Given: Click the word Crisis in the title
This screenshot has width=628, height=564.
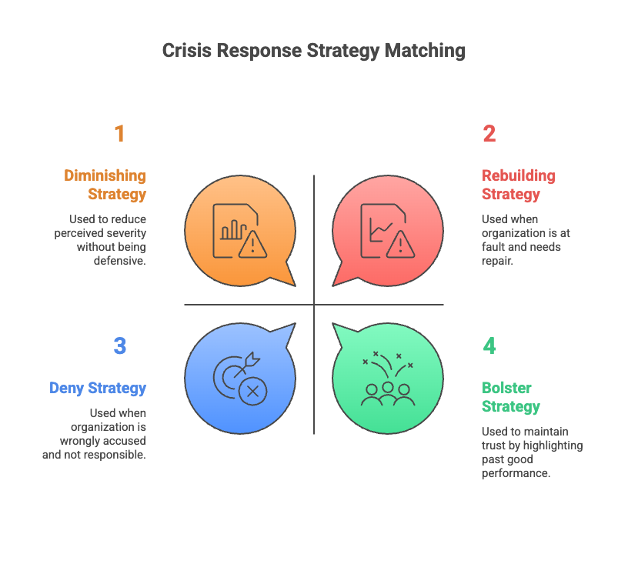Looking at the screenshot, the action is pos(187,51).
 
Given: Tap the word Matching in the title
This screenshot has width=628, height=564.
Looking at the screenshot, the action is pos(425,52).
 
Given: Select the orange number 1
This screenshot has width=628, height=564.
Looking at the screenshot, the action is pos(120,133).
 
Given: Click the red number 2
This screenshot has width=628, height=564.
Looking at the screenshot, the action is pos(489,133).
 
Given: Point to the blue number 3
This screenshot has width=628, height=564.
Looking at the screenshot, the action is pos(120,345).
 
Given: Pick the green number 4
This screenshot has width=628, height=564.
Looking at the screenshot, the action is pos(489,345).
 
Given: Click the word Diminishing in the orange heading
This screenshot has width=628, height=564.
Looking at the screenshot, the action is pos(105,175).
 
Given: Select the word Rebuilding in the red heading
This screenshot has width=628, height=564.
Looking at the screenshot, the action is pos(518,175).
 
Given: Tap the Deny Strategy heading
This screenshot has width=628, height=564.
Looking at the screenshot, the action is pos(98,389).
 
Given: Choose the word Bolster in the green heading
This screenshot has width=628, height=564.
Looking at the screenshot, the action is pos(506,388).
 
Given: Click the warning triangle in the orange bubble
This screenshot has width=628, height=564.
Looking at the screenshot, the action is pos(252,244).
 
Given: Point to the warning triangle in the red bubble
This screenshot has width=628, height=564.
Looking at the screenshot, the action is pos(400,244).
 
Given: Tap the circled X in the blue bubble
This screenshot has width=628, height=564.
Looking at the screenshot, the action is pos(252,391).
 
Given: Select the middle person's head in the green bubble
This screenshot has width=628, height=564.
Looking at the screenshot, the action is pos(388,387).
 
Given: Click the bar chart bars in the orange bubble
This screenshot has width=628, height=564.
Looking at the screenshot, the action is pos(233,230).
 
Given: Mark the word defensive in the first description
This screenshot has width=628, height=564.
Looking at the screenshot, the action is pos(120,261).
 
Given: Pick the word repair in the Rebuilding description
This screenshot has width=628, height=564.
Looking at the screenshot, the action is pos(497,262).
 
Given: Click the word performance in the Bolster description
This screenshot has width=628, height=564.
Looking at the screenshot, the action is pos(516,473).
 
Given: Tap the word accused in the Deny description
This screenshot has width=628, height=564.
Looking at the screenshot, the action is pos(129,441).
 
